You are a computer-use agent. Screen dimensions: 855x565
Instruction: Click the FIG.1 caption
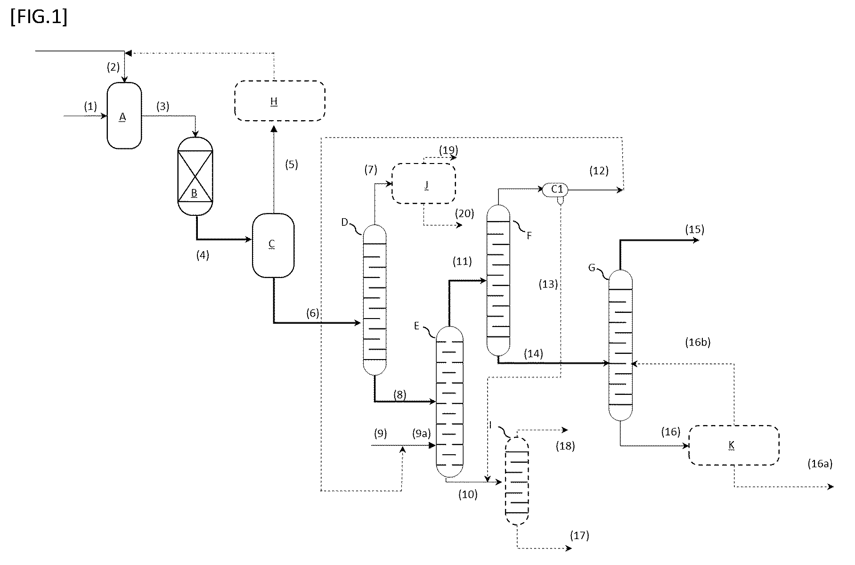[39, 17]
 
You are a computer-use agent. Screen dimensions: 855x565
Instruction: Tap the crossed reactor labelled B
[195, 176]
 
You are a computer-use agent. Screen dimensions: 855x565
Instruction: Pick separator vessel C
[273, 245]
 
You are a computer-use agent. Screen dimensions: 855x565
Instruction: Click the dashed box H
[280, 101]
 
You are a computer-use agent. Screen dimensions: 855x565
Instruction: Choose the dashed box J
[424, 183]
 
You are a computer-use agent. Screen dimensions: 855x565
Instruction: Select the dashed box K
[734, 445]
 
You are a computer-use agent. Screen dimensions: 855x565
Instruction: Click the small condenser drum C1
[556, 189]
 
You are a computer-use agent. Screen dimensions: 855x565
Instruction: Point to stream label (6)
[312, 313]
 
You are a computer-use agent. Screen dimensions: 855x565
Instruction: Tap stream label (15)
[695, 229]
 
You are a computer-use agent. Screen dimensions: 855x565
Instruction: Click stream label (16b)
[698, 342]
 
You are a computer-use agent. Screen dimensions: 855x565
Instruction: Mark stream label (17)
[579, 535]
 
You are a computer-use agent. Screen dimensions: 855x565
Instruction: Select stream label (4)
[202, 255]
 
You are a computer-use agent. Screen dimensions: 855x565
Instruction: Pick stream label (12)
[599, 171]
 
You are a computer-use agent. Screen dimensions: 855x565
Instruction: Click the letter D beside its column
[344, 222]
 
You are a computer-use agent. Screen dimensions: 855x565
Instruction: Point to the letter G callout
[592, 268]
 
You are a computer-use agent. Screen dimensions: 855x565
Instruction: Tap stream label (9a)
[421, 433]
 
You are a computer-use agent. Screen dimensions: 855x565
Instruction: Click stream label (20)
[464, 213]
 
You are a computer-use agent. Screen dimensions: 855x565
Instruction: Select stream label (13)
[548, 284]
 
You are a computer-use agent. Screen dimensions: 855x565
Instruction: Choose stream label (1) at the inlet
[90, 106]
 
